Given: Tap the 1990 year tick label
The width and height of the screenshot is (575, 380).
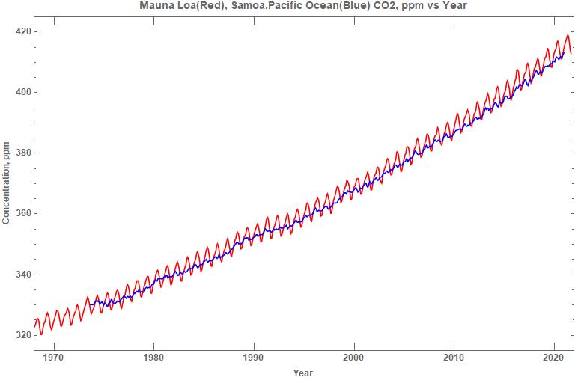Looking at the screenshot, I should [x=254, y=357].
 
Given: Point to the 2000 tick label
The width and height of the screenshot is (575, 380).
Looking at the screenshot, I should [x=354, y=357].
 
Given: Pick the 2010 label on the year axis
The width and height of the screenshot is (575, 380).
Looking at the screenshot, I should [x=454, y=357].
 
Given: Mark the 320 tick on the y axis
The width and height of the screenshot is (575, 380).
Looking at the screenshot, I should [x=22, y=335].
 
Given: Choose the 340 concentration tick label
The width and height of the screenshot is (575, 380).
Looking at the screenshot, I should [x=22, y=275].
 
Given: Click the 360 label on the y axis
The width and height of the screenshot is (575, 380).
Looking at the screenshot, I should [x=22, y=213].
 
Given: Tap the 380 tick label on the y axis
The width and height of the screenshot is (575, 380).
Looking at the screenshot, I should [x=22, y=153].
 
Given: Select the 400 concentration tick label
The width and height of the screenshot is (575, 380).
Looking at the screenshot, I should [x=22, y=92].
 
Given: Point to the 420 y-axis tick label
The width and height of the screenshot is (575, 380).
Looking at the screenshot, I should [x=22, y=31].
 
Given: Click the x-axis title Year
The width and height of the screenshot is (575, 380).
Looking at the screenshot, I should [x=303, y=373].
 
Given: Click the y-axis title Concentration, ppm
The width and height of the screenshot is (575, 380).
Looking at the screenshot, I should [x=7, y=183].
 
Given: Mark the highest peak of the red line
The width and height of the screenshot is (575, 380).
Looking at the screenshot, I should [x=568, y=35].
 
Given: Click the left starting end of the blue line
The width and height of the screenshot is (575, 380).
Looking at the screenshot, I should [x=90, y=304].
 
